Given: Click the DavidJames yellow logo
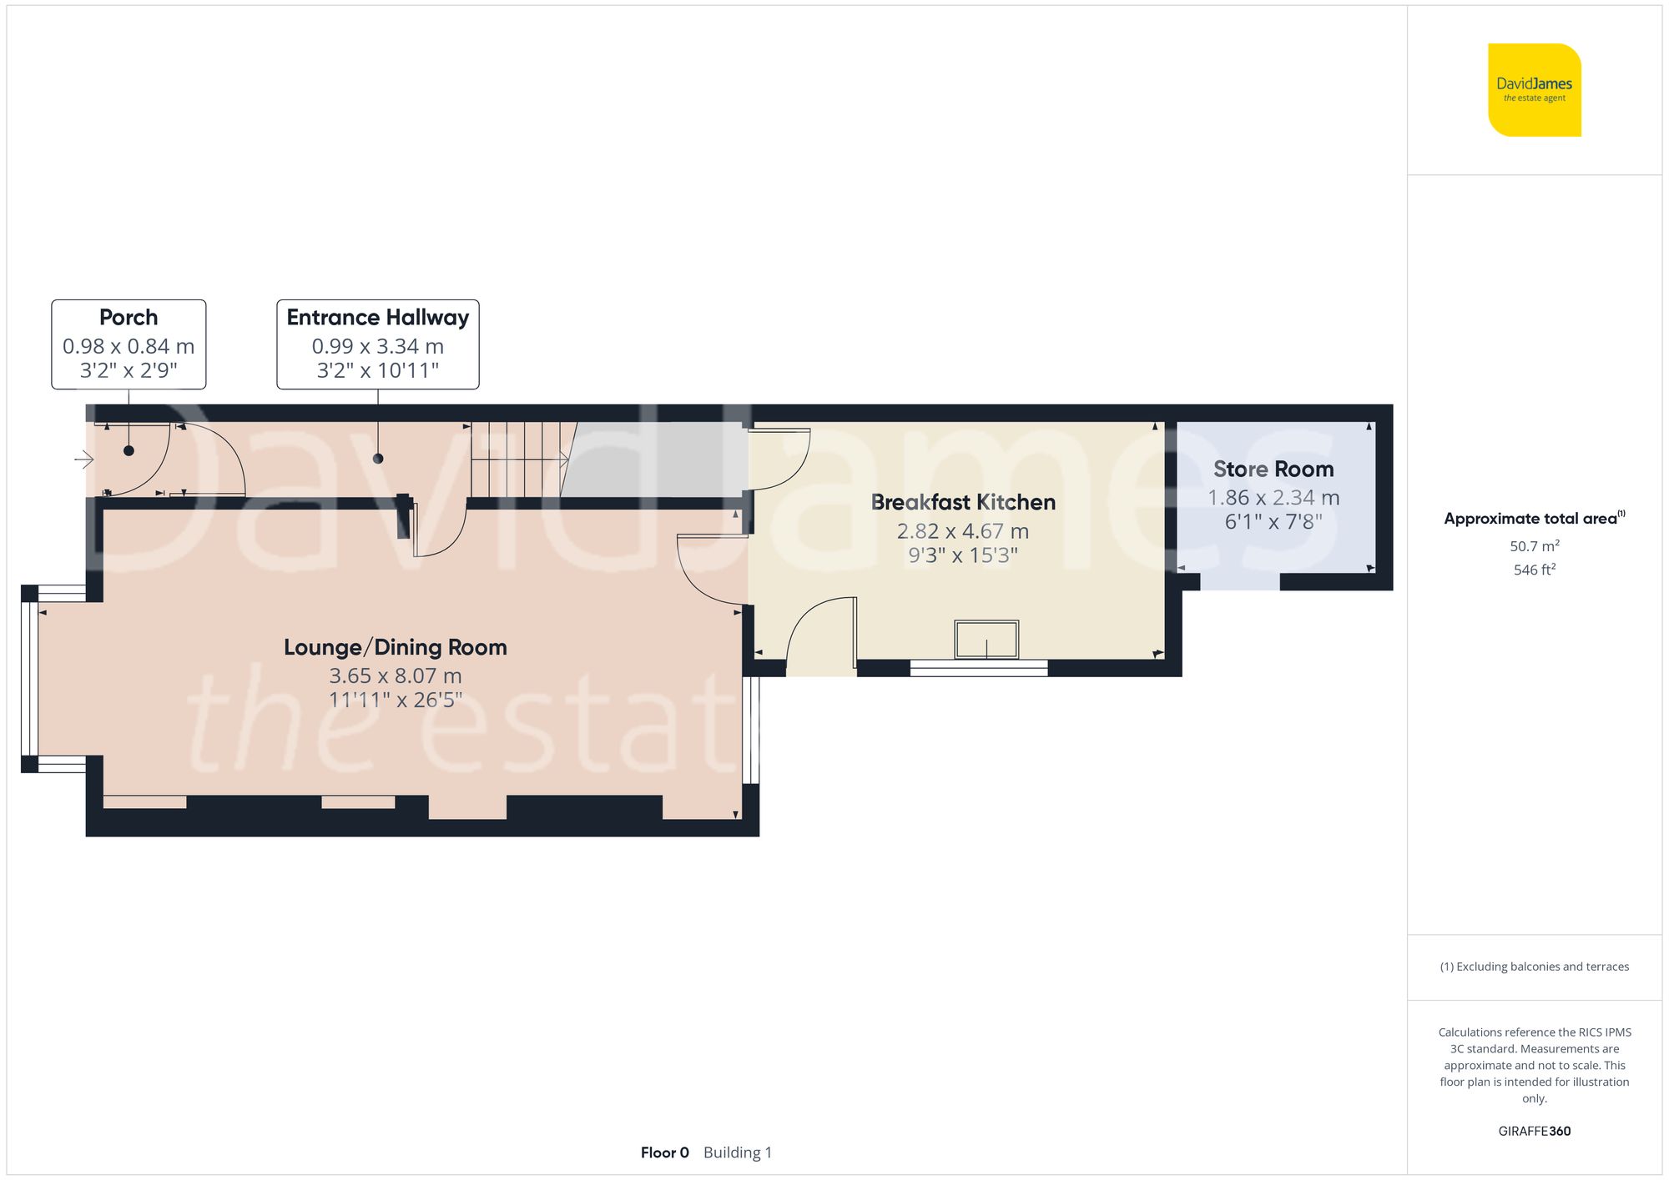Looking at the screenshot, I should click(1534, 90).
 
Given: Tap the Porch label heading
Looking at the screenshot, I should click(129, 318).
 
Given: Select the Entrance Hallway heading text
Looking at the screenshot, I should click(377, 318).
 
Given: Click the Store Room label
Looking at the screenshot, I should click(1273, 469).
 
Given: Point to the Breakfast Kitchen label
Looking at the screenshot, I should click(963, 503).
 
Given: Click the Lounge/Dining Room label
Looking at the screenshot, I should click(395, 648).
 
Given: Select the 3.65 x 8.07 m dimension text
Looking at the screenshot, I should click(395, 675).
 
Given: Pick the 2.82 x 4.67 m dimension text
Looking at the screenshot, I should click(962, 531).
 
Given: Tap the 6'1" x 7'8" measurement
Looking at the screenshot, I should click(1273, 522).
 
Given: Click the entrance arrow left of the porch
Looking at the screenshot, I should click(83, 459).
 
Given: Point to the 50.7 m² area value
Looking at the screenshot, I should click(1534, 546).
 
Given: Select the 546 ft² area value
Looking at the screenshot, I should click(1534, 570).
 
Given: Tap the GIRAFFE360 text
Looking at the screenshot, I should click(1534, 1132).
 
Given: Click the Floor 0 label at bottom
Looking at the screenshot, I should click(664, 1152).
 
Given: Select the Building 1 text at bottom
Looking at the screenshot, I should click(738, 1152).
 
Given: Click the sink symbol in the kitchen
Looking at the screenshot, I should click(986, 640).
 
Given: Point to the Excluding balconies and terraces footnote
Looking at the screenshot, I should click(1534, 967).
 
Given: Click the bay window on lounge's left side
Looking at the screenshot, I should click(29, 678).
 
